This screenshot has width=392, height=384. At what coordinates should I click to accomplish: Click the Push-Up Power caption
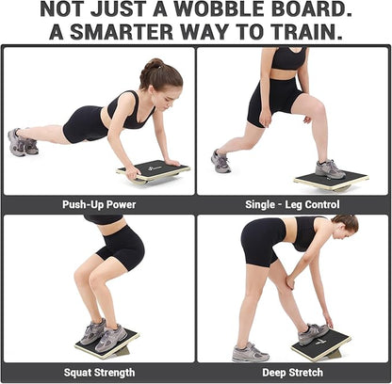[x=98, y=204]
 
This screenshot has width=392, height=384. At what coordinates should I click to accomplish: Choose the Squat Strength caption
[x=98, y=373]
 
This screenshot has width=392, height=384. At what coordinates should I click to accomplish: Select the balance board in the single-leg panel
[x=330, y=180]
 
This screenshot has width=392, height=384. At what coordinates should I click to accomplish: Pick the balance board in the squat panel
[x=106, y=344]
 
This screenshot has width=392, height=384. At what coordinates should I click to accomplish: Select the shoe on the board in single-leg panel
[x=330, y=168]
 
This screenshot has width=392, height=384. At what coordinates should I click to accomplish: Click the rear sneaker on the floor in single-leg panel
[x=220, y=162]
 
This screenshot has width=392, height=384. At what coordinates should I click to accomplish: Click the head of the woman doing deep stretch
[x=346, y=225]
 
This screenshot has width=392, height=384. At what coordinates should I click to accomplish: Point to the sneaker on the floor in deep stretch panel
[x=250, y=351]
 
